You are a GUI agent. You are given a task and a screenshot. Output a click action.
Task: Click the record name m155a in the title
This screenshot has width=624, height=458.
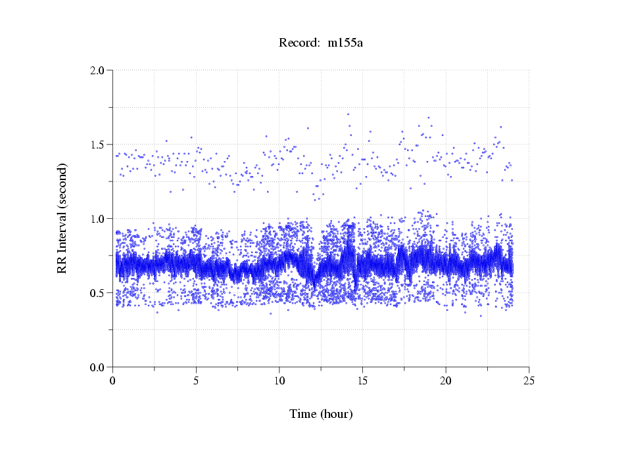(x=345, y=43)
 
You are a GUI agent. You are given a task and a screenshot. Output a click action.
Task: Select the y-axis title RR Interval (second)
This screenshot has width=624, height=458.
(x=62, y=218)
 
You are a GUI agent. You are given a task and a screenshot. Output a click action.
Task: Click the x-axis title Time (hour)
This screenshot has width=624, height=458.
(x=321, y=415)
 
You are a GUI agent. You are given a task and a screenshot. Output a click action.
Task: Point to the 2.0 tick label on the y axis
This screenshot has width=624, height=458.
(x=98, y=70)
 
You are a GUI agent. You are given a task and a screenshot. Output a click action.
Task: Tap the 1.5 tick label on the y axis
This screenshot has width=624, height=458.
(x=98, y=145)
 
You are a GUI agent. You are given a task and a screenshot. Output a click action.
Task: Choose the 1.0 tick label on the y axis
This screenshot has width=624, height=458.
(x=98, y=219)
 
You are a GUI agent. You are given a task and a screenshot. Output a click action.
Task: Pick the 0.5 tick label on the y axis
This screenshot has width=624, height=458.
(x=98, y=293)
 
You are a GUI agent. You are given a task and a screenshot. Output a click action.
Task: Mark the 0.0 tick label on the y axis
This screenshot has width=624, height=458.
(x=98, y=367)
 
